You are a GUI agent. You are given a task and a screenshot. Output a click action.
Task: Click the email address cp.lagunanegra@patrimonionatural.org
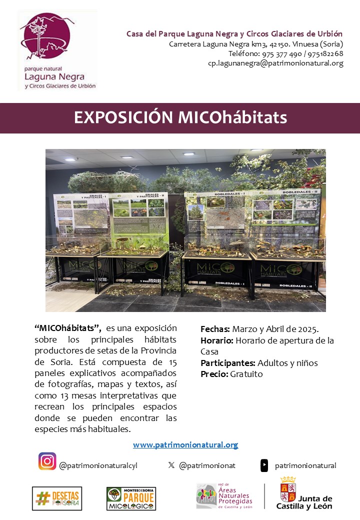(275, 63)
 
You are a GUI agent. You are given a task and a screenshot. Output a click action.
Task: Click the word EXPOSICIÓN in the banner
(123, 117)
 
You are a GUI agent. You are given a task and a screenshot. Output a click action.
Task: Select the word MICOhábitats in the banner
(232, 117)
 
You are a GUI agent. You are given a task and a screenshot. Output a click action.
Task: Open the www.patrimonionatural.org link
(185, 444)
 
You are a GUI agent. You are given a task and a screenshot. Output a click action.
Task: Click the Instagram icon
(47, 461)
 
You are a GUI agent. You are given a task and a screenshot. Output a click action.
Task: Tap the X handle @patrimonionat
(207, 465)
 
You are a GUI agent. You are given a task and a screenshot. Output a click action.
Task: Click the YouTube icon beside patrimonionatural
(264, 465)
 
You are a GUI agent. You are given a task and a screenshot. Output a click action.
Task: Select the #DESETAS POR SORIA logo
(57, 498)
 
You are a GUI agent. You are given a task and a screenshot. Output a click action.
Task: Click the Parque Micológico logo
(131, 498)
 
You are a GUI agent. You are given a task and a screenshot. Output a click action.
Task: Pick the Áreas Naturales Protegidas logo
(224, 495)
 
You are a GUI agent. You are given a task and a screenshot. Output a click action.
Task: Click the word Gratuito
(246, 374)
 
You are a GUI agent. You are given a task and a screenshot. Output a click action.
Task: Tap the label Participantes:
(227, 363)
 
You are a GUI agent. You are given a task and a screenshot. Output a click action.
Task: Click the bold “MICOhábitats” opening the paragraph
(68, 328)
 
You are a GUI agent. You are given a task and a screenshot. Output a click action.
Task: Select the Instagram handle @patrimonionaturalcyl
(98, 465)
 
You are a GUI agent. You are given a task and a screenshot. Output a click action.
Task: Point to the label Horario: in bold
(216, 340)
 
